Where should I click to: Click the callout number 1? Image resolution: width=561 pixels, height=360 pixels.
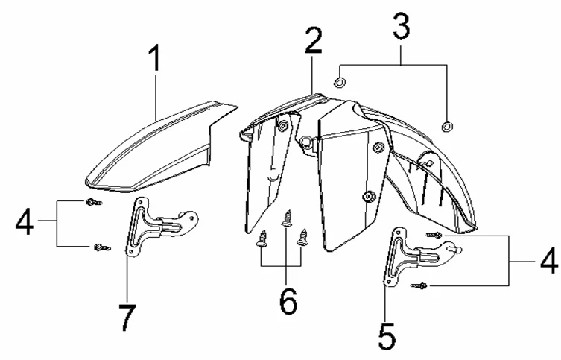click(x=155, y=58)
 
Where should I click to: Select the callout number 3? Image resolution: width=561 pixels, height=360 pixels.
click(x=401, y=25)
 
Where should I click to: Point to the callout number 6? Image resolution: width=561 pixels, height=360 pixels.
click(x=288, y=301)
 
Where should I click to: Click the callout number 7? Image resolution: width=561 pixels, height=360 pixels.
click(x=127, y=318)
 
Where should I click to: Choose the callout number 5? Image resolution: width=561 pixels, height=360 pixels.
click(x=387, y=336)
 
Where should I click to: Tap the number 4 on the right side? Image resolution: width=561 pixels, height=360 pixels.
click(x=549, y=260)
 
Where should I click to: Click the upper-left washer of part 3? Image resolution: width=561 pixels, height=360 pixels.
click(x=340, y=82)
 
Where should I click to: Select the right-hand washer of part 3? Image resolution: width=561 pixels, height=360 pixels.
click(x=447, y=126)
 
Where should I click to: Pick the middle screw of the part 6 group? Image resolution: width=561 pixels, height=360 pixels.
click(x=287, y=218)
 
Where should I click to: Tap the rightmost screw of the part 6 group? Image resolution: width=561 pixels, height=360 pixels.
click(x=303, y=237)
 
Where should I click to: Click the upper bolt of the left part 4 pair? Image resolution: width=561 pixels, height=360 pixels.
click(x=94, y=203)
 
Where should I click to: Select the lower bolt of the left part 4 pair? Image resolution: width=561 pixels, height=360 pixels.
click(x=102, y=247)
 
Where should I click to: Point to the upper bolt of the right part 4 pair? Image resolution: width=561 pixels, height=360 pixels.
click(x=434, y=235)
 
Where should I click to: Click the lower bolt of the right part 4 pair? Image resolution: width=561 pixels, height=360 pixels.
click(x=419, y=285)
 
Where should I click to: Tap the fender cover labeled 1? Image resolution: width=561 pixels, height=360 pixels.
click(x=161, y=147)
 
